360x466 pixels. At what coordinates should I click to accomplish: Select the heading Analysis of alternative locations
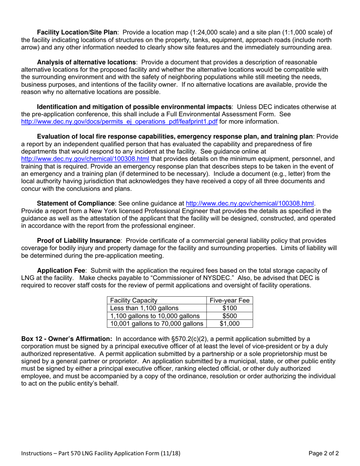pyautogui.click(x=86, y=62)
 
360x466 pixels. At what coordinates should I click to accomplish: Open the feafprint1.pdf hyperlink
pyautogui.click(x=119, y=122)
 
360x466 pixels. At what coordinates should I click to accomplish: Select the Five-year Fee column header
pyautogui.click(x=230, y=300)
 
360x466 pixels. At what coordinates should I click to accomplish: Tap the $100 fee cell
pyautogui.click(x=230, y=308)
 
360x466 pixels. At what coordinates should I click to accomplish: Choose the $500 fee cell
pyautogui.click(x=230, y=316)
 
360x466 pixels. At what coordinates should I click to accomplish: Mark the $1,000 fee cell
pyautogui.click(x=230, y=324)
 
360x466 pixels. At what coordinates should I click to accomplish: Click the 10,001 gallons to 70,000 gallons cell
pyautogui.click(x=156, y=324)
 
